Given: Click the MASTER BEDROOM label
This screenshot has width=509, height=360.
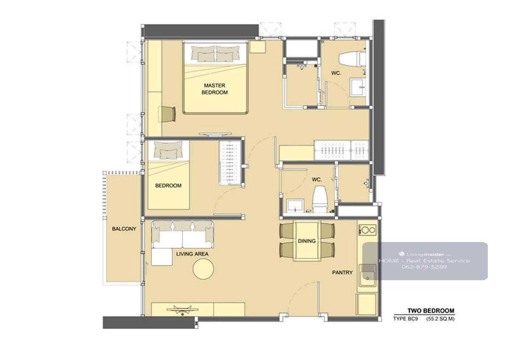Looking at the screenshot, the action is click(x=215, y=89).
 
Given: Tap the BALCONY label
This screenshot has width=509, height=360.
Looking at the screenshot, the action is click(x=124, y=229).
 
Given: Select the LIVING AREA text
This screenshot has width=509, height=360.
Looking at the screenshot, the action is click(x=192, y=254).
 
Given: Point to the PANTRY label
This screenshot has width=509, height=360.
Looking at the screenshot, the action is click(x=342, y=273).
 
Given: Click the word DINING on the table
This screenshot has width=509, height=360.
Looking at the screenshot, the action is click(x=307, y=241).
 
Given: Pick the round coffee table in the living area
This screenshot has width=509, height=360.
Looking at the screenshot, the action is click(x=203, y=269).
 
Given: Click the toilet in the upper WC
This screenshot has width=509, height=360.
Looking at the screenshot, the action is click(x=352, y=59).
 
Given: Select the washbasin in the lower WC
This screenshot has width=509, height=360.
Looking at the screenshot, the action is click(x=295, y=206).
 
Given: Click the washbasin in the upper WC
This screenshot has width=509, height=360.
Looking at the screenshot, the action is click(x=358, y=87).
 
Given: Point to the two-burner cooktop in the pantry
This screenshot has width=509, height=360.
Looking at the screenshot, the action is click(x=367, y=230).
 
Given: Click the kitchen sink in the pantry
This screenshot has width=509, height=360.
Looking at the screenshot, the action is click(x=367, y=275).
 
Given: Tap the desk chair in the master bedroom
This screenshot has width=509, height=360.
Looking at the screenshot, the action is click(x=167, y=114).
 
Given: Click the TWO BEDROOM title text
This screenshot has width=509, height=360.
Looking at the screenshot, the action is click(x=431, y=311).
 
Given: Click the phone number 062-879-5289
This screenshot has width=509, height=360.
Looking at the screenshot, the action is click(x=424, y=267).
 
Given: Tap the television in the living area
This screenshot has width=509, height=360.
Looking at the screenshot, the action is click(x=182, y=309).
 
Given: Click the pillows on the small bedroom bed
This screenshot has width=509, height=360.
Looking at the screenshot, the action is click(x=168, y=149).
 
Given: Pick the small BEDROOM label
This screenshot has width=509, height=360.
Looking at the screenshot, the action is click(x=168, y=186).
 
